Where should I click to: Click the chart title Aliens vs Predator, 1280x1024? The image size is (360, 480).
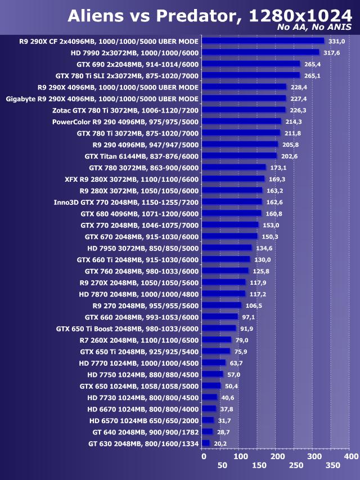(x=209, y=16)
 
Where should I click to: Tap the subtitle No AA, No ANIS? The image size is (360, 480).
(x=314, y=28)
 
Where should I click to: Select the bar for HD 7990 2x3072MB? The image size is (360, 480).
(x=260, y=52)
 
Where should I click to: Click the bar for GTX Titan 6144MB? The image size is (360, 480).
(x=239, y=156)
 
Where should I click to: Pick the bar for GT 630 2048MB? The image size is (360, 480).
(x=205, y=443)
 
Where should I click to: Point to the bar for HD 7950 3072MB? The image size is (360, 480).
(x=227, y=248)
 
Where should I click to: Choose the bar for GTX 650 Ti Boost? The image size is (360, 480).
(x=219, y=328)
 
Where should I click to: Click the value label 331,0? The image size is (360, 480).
(x=336, y=41)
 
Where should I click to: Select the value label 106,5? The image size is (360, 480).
(x=254, y=306)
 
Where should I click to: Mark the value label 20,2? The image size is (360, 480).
(x=220, y=443)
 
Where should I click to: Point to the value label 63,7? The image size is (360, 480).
(x=237, y=363)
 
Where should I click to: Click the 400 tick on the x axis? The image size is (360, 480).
(x=350, y=456)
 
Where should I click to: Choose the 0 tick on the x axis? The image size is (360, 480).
(x=204, y=456)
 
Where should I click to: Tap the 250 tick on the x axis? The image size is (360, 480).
(x=295, y=465)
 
